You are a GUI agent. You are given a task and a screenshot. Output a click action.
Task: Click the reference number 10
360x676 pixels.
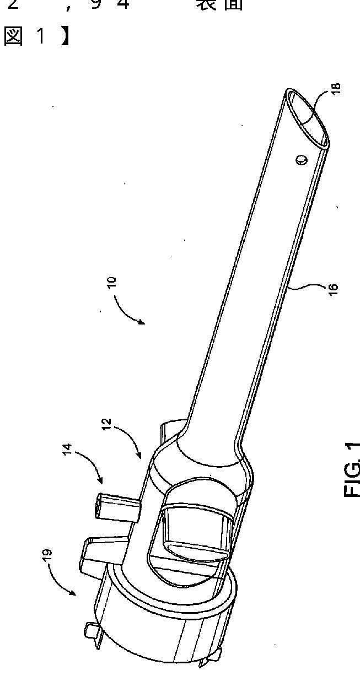(112, 281)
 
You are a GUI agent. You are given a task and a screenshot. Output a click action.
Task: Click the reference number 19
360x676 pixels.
(46, 554)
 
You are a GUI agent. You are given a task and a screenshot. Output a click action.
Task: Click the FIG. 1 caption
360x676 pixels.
(352, 469)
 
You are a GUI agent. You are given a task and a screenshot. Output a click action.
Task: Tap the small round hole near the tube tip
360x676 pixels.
(302, 160)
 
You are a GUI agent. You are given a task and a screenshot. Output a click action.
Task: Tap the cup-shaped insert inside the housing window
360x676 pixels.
(193, 529)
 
